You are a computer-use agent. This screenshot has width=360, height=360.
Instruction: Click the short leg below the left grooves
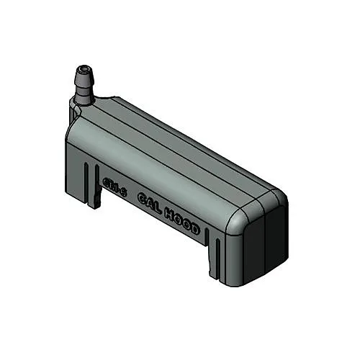tap(91, 200)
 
